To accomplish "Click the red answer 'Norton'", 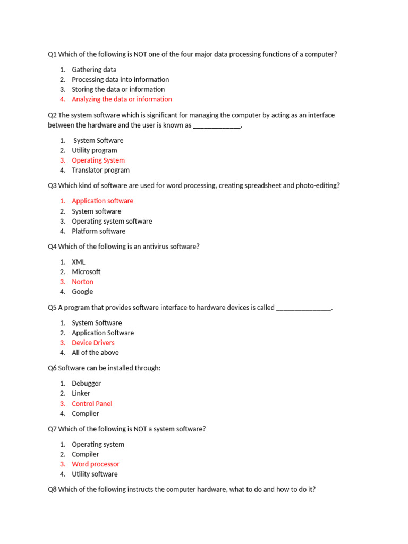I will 82,282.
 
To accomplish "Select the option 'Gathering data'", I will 94,70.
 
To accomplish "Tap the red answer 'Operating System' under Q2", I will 98,160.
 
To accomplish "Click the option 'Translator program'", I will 100,171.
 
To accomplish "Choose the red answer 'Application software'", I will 103,201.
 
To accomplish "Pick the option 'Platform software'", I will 98,231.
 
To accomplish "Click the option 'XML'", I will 79,262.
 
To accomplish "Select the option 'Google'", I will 82,292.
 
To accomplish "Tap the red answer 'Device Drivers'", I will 93,343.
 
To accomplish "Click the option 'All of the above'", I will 95,353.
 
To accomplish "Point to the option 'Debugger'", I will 86,384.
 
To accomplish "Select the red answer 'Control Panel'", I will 92,404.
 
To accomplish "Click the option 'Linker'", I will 81,394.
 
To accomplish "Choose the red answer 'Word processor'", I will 96,464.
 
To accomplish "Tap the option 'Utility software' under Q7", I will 95,474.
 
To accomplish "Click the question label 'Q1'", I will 52,54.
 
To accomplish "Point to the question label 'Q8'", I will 52,489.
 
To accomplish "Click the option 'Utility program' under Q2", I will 95,150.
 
